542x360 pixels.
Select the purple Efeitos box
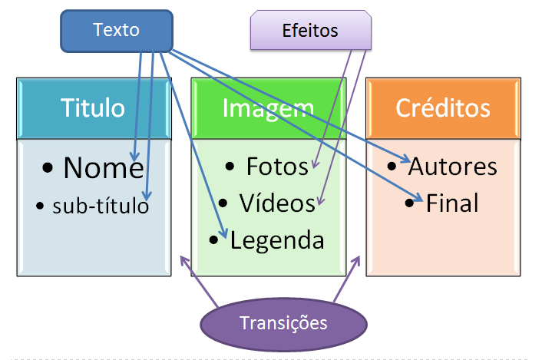[310, 31]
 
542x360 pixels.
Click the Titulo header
[93, 108]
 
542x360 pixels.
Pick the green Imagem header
[268, 108]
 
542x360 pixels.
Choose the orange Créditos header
[443, 108]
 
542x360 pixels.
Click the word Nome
[103, 168]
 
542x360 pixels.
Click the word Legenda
[277, 240]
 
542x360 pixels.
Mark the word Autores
[453, 166]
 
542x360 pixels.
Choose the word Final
[453, 203]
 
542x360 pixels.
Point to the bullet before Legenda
[214, 241]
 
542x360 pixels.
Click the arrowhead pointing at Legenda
[224, 235]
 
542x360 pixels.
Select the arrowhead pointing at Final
[421, 200]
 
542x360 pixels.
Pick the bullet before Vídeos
[223, 204]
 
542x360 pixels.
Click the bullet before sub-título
[41, 206]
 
